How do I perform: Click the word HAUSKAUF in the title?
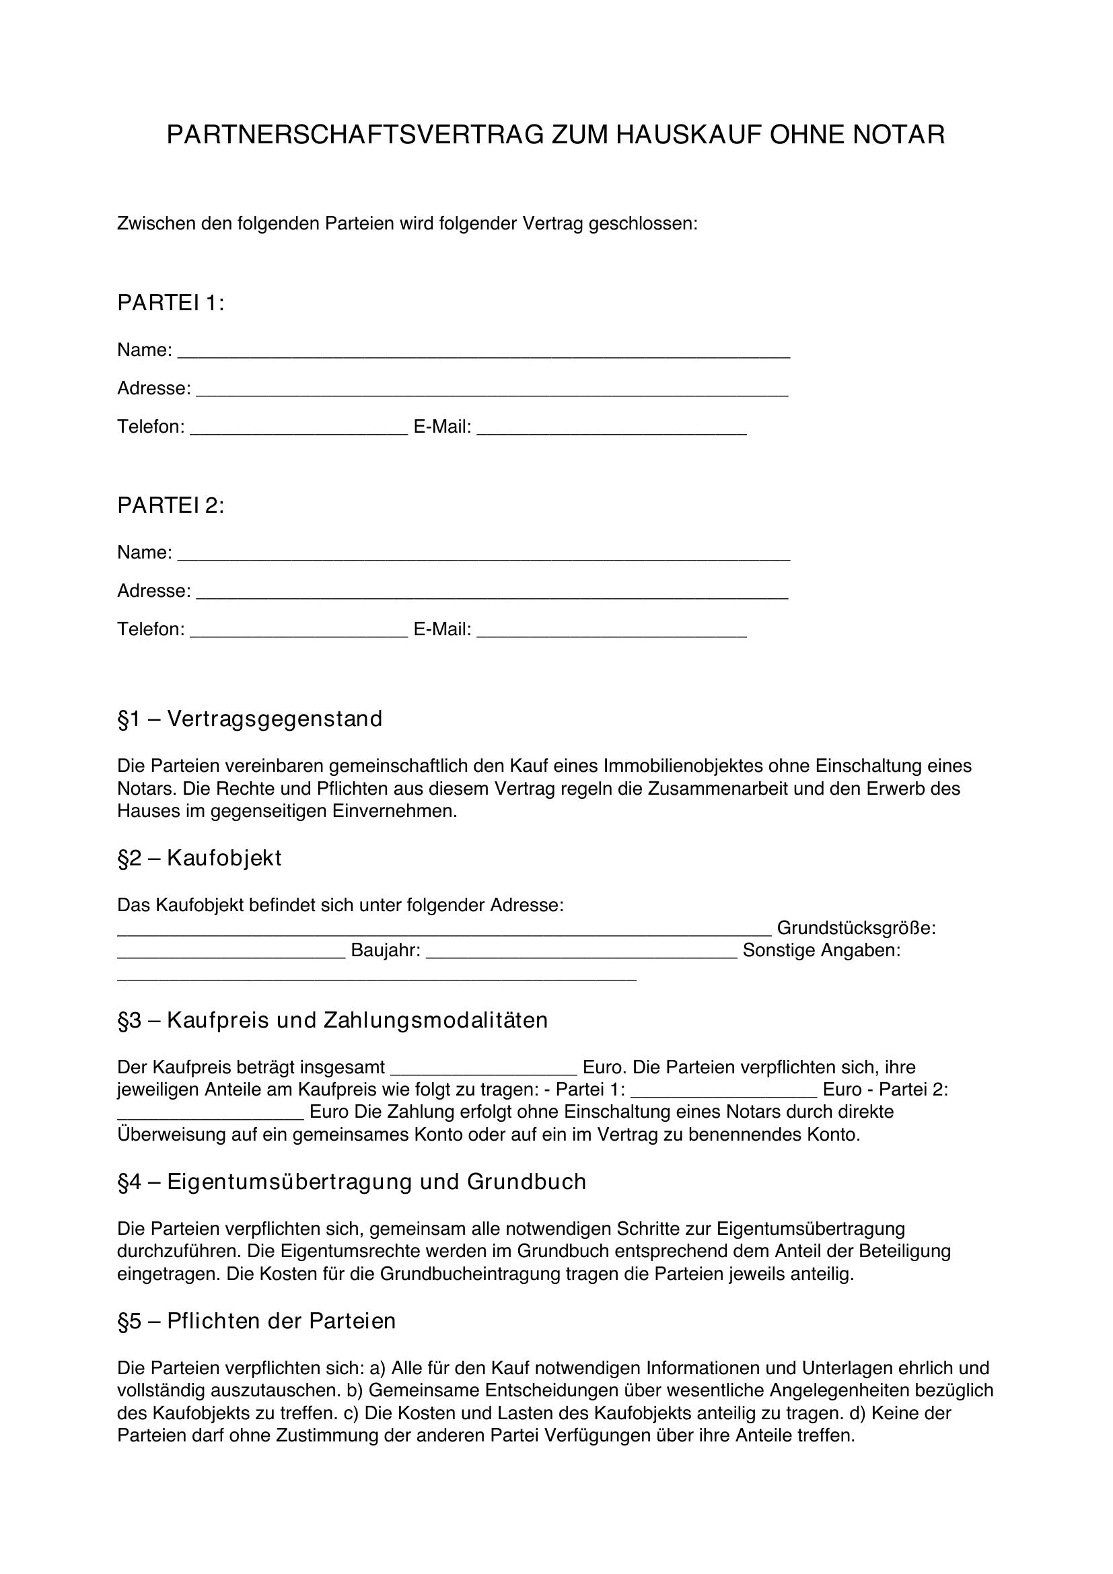pos(688,135)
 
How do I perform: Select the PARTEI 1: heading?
pos(171,303)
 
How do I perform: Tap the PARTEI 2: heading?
pos(171,505)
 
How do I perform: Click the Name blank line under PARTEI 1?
pos(483,353)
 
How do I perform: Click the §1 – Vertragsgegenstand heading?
pos(250,719)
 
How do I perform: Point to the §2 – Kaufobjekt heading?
pos(199,858)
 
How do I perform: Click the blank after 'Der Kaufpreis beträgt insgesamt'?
pos(484,1069)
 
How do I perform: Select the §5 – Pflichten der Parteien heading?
pos(256,1321)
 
